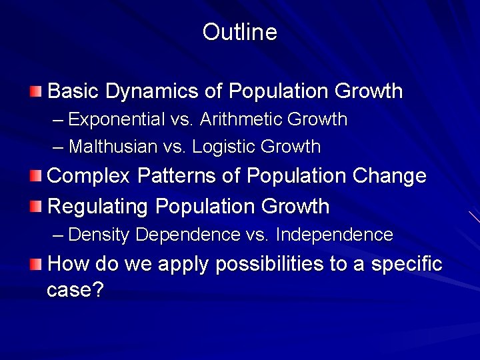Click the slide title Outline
pos(239,32)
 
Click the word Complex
pos(89,176)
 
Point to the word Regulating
pos(99,207)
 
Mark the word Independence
pos(334,235)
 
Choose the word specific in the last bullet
pos(407,264)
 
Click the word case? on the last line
pos(75,291)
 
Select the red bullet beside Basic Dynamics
pos(35,91)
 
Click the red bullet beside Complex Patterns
pos(35,176)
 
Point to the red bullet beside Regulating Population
pos(35,207)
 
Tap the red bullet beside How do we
pos(35,264)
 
